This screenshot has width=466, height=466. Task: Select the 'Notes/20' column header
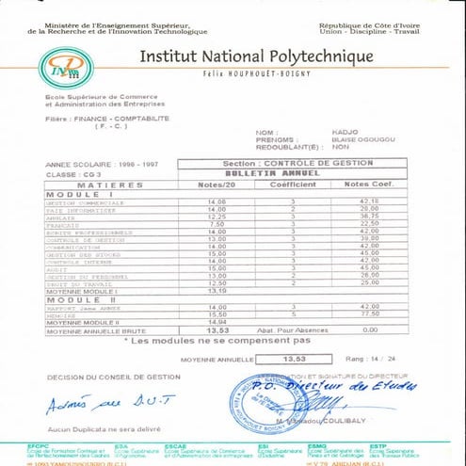[x=217, y=185]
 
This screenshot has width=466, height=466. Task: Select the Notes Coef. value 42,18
[x=368, y=201]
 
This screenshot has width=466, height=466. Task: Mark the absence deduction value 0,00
[x=368, y=329]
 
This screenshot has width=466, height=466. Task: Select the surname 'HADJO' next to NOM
[x=334, y=133]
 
